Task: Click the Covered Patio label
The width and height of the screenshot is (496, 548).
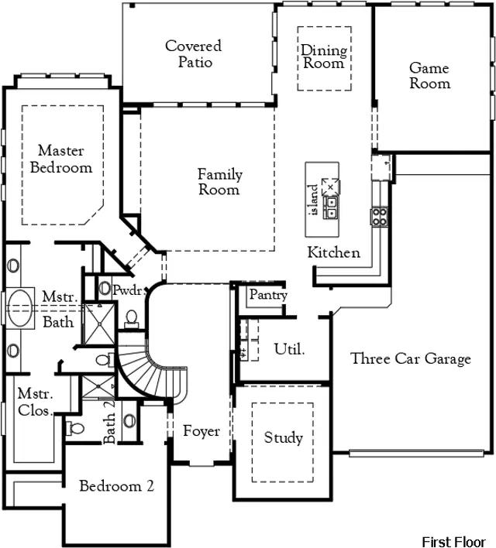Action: (x=194, y=54)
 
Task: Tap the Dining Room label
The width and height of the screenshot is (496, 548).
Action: (x=324, y=57)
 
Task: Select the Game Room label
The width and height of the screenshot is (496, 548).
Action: (x=429, y=76)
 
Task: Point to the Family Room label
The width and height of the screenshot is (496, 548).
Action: (x=220, y=181)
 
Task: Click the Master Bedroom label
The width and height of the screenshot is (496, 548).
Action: (x=61, y=159)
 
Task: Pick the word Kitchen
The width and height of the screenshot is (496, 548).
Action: (x=333, y=252)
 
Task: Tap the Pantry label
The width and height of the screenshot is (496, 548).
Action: (x=268, y=295)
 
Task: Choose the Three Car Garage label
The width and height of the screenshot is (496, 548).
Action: (x=411, y=359)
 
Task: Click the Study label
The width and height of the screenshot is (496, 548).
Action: (x=283, y=437)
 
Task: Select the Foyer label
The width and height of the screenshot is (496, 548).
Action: (x=201, y=431)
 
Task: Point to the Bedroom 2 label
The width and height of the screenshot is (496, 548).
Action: (x=116, y=486)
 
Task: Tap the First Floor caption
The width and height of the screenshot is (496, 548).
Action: (x=453, y=541)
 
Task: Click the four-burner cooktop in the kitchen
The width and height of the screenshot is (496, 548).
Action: (x=379, y=217)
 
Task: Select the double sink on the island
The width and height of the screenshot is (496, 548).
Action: (x=331, y=207)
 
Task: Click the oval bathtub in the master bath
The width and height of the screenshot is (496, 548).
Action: (x=20, y=307)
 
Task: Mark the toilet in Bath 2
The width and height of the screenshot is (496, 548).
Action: (x=75, y=428)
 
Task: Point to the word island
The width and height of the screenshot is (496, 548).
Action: (x=314, y=200)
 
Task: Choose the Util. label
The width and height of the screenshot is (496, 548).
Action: (x=289, y=349)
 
